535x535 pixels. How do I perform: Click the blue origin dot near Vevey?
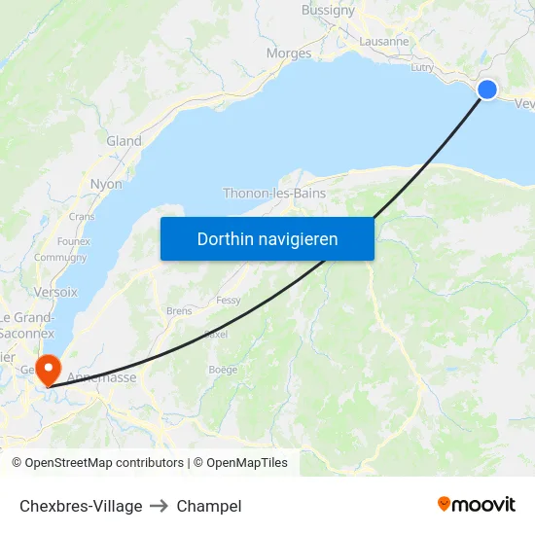pos(487,89)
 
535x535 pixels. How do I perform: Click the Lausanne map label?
pos(384,42)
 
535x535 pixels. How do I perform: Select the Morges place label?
pos(289,53)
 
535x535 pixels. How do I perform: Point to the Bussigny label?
pos(328,11)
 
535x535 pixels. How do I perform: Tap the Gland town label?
pos(124,141)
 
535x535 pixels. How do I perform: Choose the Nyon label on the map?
pos(106,184)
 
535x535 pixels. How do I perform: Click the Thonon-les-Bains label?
pos(274,193)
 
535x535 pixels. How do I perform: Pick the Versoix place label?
pos(54,291)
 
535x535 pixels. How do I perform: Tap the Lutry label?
pos(422,67)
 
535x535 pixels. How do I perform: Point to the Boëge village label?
pos(223,370)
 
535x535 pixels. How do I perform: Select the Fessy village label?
pos(229,301)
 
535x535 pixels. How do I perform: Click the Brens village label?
pos(179,311)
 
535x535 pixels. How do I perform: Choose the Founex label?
pos(74,241)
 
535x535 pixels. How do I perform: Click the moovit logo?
pos(477,504)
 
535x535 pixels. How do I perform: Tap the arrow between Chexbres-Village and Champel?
pos(160,506)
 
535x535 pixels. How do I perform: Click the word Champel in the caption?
pos(209,506)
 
